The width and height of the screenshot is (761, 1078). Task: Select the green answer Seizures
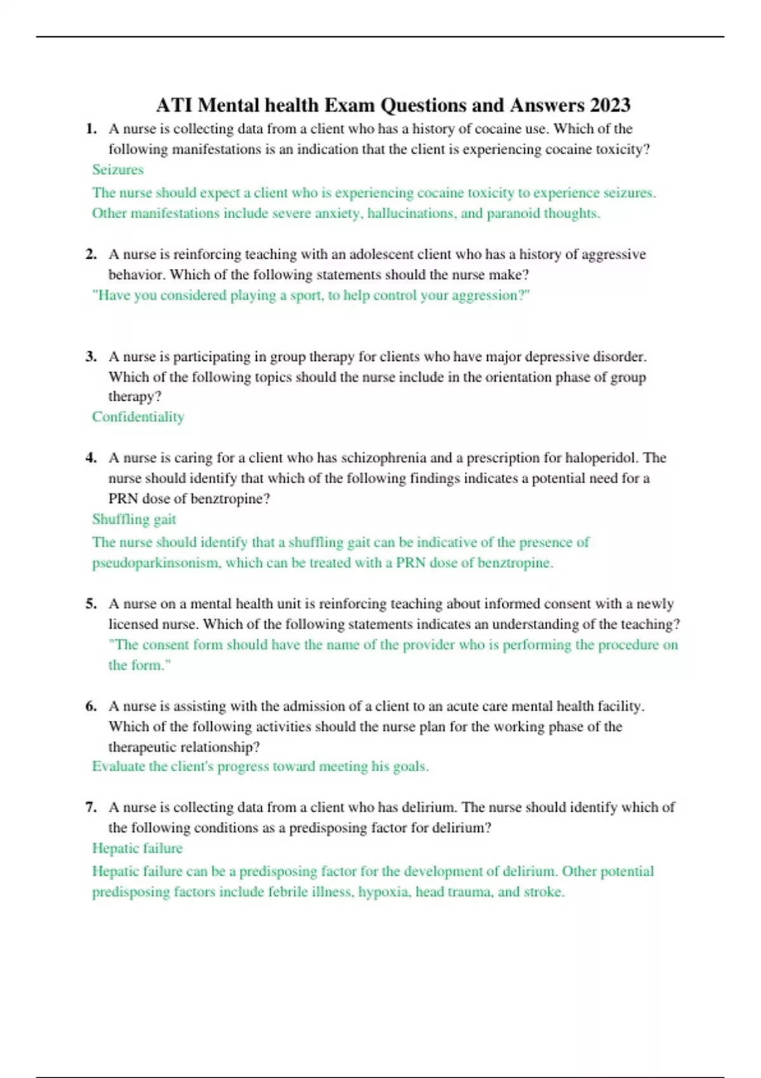[118, 170]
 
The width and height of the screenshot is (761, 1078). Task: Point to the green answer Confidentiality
[138, 417]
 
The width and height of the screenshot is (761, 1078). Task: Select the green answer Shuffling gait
[134, 519]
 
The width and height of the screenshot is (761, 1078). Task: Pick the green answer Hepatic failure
[137, 848]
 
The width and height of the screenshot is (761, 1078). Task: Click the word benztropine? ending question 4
[230, 499]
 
